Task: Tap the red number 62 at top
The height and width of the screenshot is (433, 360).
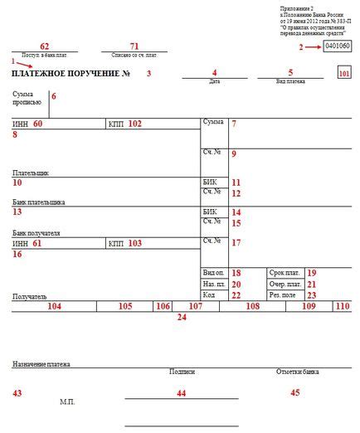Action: click(45, 46)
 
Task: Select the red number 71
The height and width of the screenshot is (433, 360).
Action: click(134, 46)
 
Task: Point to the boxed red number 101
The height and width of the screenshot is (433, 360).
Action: click(344, 74)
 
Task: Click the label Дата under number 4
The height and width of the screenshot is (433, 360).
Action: click(215, 81)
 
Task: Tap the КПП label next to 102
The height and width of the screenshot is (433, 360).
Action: click(116, 124)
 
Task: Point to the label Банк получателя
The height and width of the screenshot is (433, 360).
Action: click(37, 233)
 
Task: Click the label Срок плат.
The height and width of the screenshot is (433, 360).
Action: click(284, 272)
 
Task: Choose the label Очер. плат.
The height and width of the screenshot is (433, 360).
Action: click(285, 284)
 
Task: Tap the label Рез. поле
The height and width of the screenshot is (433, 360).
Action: click(283, 295)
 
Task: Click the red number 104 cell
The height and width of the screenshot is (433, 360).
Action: click(54, 306)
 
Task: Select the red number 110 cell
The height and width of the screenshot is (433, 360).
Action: click(342, 306)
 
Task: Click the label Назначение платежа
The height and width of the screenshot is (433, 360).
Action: click(41, 364)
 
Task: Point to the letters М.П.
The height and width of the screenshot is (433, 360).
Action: click(67, 401)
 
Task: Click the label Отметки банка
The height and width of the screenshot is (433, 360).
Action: click(298, 372)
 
